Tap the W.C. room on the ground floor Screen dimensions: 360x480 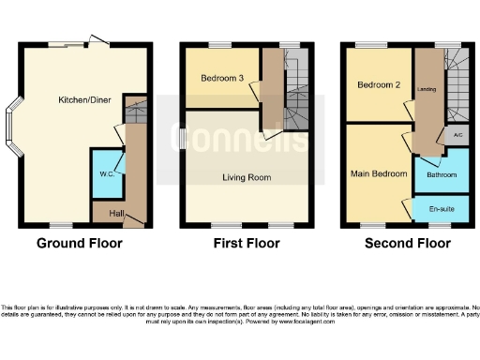[x=106, y=173]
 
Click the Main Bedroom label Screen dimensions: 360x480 [x=379, y=173]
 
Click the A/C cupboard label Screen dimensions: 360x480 [x=457, y=136]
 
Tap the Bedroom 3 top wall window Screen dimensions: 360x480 [x=220, y=45]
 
